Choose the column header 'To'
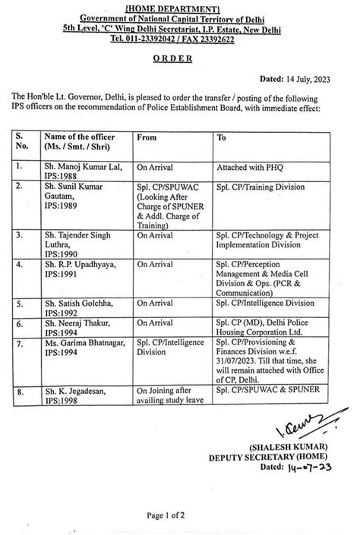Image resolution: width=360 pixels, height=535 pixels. pos(222,138)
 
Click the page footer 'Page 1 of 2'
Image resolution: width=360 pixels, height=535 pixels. pos(181,515)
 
